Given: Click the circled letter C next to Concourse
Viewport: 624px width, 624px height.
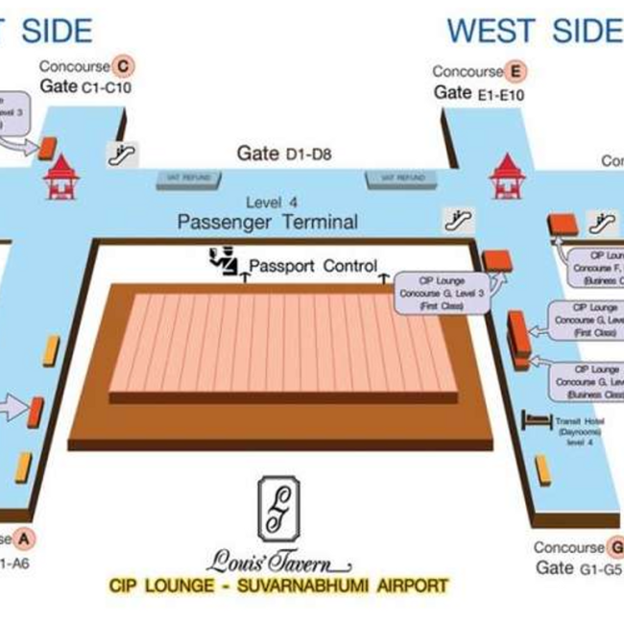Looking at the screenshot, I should coord(122,66).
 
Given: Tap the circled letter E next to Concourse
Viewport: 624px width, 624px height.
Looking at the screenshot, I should coord(516,71).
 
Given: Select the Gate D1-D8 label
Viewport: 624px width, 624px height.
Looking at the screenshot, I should coord(284,153).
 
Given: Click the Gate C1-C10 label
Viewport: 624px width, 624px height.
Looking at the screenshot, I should coord(85,86).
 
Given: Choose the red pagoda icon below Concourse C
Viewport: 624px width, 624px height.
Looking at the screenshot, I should coord(60,177).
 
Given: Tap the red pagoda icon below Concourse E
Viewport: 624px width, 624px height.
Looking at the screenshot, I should coord(505,177).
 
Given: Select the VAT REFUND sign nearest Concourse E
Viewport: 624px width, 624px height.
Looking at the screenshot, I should coord(395,179).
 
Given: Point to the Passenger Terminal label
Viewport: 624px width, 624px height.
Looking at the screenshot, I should coord(267,223).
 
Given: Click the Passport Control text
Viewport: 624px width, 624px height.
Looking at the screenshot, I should coord(313,266).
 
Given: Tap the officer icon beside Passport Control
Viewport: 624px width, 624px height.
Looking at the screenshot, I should coord(222,259).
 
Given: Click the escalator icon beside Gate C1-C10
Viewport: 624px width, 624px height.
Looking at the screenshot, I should coord(122,152).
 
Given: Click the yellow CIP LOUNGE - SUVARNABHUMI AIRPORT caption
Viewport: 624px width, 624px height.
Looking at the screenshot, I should coord(277,585).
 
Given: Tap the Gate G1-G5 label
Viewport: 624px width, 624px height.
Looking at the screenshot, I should coord(579,567).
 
